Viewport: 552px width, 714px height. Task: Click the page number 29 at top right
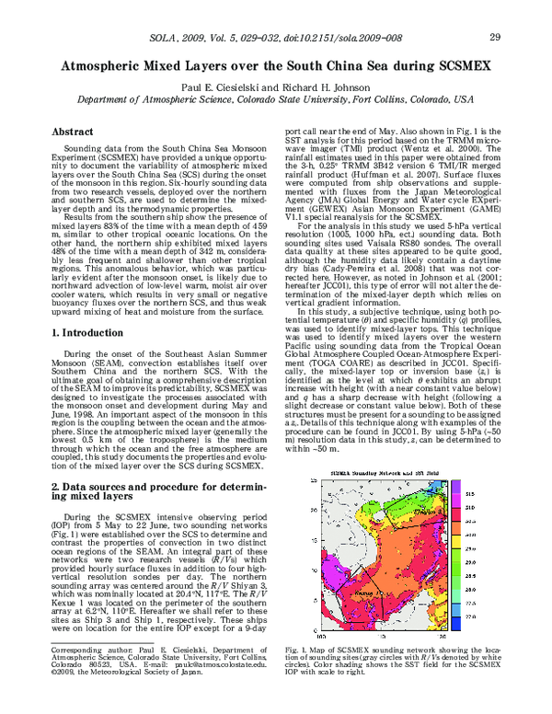tap(494, 38)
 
